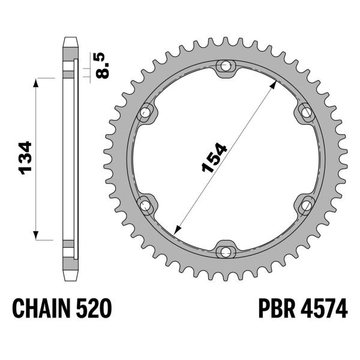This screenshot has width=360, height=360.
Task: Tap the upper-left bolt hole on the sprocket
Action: click(x=145, y=112)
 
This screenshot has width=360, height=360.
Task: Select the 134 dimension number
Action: click(x=26, y=158)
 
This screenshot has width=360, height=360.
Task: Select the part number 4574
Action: click(x=325, y=309)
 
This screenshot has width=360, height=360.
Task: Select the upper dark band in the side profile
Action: click(x=68, y=74)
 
